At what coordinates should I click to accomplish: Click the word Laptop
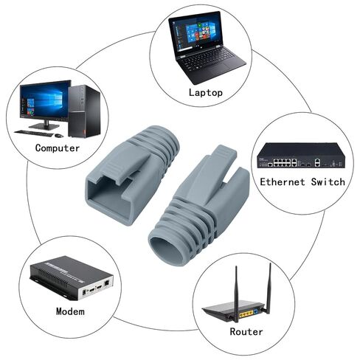tap(206, 93)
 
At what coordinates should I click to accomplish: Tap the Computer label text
tap(58, 148)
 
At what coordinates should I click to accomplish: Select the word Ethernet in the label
tap(283, 182)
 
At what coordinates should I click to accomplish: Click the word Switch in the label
tap(328, 182)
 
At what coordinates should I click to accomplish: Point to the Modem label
tap(70, 311)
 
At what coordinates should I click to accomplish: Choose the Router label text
tap(246, 331)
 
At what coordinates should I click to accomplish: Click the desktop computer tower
tap(84, 111)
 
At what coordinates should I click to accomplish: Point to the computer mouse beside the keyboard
tap(59, 136)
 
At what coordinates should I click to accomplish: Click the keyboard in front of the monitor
tap(34, 134)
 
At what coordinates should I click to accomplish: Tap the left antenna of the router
tap(236, 294)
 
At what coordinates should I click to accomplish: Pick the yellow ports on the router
tap(246, 314)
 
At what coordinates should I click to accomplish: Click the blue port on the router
tap(256, 312)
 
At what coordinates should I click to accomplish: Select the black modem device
tap(72, 278)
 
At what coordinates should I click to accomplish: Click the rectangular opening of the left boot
tap(108, 190)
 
